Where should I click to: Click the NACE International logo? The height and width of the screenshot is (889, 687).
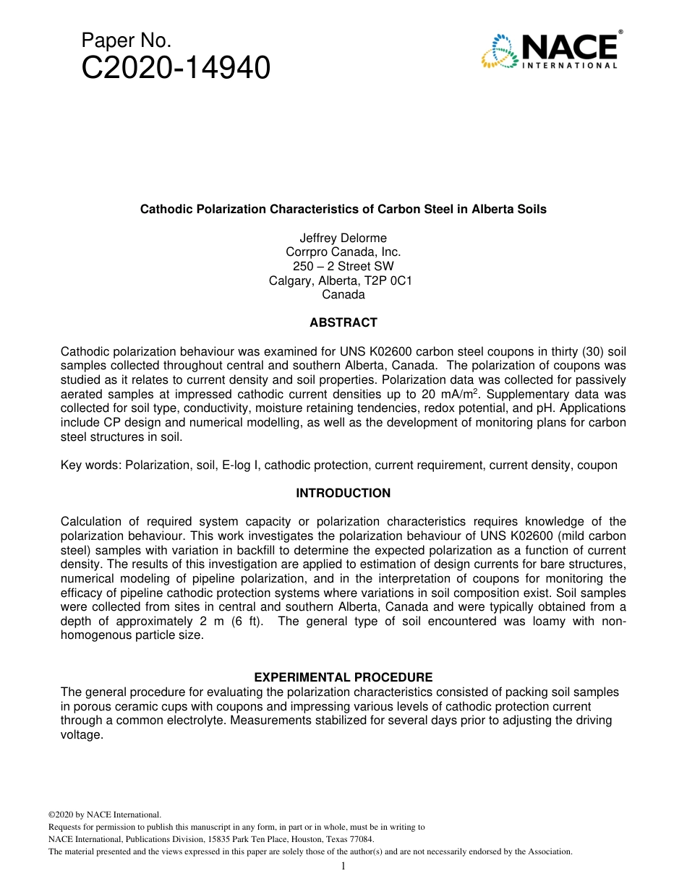(x=549, y=51)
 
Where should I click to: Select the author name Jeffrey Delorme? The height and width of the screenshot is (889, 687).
(x=343, y=238)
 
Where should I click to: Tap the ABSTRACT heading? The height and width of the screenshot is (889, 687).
(x=343, y=322)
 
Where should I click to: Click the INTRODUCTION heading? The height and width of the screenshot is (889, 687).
(x=343, y=493)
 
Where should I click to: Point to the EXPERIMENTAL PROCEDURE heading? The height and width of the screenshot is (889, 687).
(x=343, y=677)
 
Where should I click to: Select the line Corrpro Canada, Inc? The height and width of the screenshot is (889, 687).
(x=343, y=252)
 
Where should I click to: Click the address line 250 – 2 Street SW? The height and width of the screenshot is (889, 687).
(x=343, y=266)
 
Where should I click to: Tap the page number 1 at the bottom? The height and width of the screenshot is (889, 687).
(x=343, y=866)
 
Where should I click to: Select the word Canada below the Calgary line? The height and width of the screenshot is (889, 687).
(x=343, y=294)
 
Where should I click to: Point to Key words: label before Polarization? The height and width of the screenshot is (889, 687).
(x=91, y=465)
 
